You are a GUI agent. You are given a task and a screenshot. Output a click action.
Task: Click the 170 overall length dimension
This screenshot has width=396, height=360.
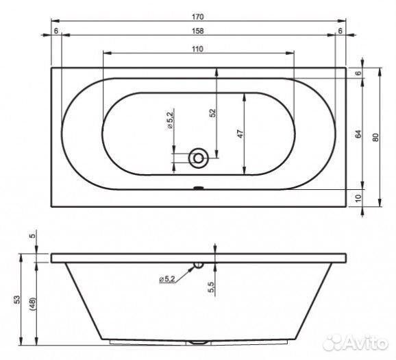[197, 17]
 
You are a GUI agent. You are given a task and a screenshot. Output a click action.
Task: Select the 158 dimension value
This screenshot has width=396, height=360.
[197, 31]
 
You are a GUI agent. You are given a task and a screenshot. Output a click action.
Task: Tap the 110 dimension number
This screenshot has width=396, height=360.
[197, 49]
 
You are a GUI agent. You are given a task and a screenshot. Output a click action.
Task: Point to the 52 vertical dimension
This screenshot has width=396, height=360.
[213, 112]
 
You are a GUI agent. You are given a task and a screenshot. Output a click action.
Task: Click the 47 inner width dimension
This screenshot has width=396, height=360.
[240, 134]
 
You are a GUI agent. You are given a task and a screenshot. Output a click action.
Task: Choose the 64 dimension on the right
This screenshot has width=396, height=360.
[358, 134]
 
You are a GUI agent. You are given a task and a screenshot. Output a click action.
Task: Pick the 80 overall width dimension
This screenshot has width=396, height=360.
[376, 137]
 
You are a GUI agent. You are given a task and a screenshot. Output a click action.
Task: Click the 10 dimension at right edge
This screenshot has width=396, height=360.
[358, 198]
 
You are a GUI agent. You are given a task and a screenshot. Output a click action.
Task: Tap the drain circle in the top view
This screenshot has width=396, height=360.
[198, 158]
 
